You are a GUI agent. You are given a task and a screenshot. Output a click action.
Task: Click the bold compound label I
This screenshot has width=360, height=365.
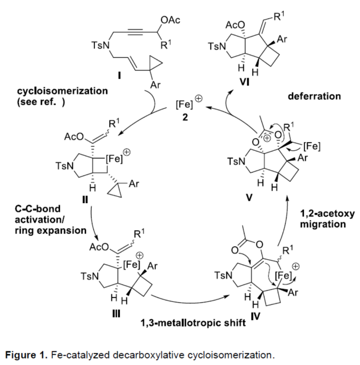click(119, 75)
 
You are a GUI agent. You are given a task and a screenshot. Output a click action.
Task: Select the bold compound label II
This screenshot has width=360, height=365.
click(85, 199)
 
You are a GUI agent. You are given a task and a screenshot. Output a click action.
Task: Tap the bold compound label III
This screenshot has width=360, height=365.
click(116, 314)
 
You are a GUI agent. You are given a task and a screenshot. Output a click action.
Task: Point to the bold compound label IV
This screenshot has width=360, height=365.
click(255, 316)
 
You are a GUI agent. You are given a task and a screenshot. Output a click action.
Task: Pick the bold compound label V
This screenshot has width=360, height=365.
click(249, 198)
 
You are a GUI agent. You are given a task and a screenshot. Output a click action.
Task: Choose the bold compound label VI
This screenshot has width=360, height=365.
click(244, 82)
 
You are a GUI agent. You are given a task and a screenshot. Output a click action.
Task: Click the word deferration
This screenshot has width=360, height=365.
click(314, 96)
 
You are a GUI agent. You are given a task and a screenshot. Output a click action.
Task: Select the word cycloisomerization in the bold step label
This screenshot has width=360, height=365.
click(62, 91)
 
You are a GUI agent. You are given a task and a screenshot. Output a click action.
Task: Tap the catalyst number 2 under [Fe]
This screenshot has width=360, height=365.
click(185, 117)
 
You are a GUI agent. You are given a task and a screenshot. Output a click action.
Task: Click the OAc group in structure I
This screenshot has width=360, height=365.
click(170, 20)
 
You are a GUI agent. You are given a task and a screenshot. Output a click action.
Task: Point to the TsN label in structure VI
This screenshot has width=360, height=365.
click(217, 46)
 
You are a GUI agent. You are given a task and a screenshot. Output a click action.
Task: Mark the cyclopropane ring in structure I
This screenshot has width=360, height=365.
click(154, 63)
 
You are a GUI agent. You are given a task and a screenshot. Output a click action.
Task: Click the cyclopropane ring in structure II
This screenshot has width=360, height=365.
click(116, 191)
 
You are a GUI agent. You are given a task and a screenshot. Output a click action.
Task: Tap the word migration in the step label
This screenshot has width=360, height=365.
click(323, 224)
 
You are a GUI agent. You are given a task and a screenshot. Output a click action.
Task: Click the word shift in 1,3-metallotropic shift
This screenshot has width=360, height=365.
click(236, 323)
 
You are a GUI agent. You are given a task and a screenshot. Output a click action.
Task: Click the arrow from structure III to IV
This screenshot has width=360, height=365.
click(189, 300)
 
